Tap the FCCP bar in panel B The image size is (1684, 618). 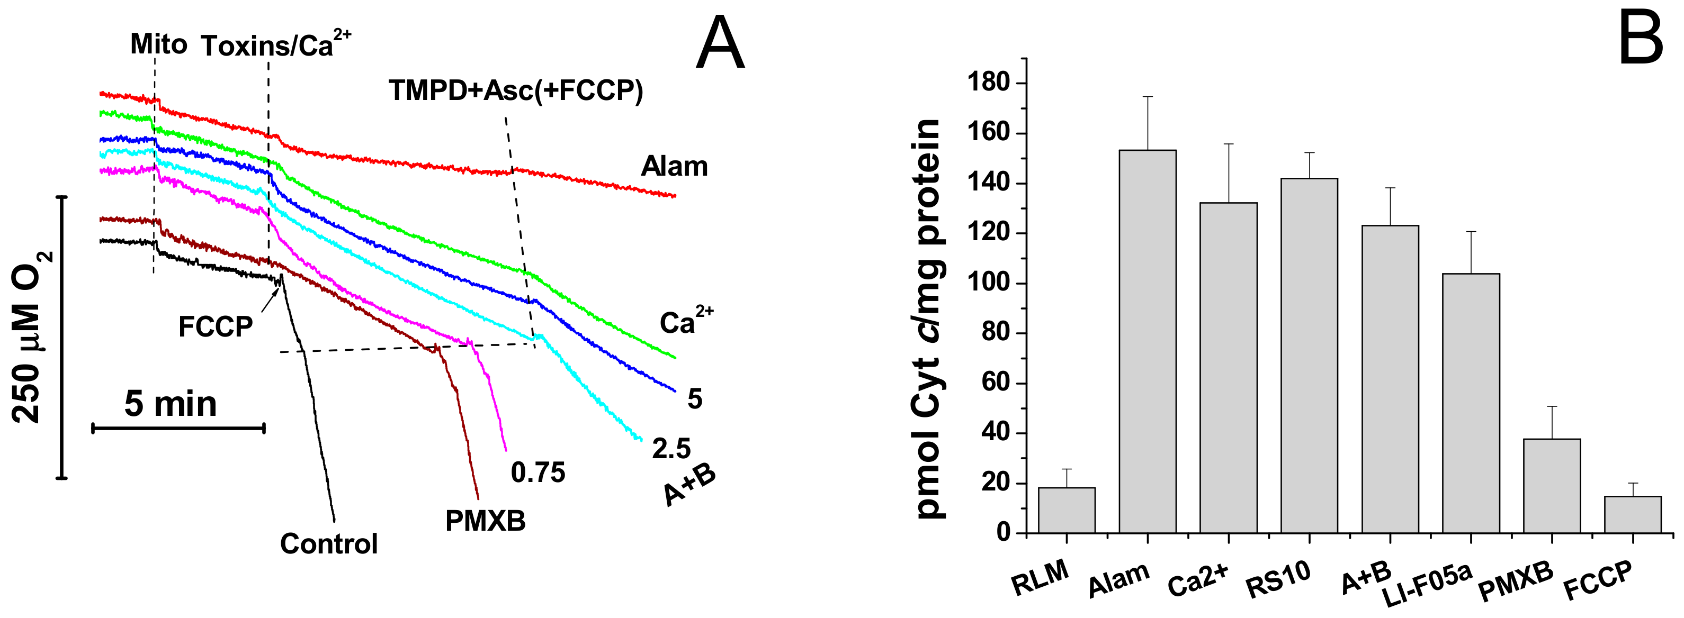1632,515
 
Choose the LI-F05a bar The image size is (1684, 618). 1471,403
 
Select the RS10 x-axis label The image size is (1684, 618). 1278,579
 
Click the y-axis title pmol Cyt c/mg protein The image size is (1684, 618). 926,319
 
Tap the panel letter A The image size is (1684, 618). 720,44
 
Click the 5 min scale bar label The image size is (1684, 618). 171,404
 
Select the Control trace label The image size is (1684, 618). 329,543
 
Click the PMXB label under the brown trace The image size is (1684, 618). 485,521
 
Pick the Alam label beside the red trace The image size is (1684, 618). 674,167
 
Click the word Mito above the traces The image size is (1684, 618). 158,44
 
